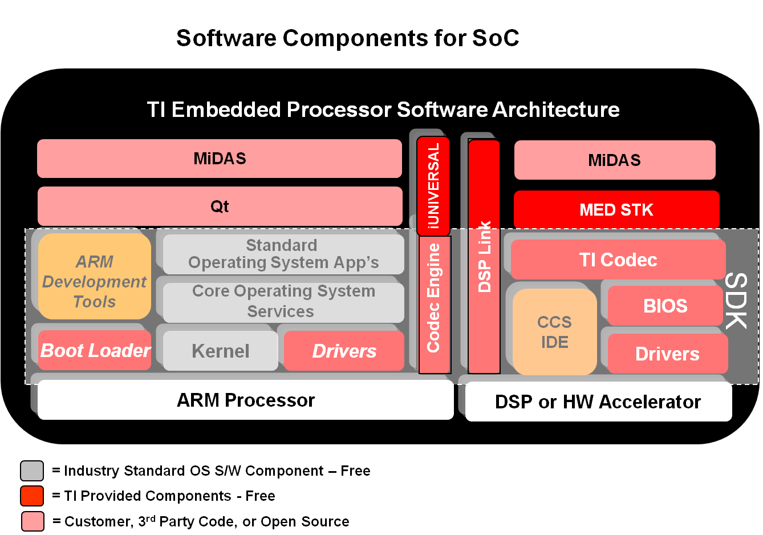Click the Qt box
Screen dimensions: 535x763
point(220,206)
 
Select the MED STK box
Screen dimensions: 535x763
point(616,210)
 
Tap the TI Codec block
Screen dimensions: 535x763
point(618,260)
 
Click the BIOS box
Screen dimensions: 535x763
point(665,306)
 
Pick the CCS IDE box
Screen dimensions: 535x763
point(554,332)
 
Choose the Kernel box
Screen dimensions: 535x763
point(221,351)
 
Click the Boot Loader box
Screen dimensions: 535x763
point(95,350)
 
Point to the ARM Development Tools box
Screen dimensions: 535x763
point(95,277)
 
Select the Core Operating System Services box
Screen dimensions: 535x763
point(283,301)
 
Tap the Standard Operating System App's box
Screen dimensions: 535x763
point(283,254)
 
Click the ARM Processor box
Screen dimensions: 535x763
point(245,400)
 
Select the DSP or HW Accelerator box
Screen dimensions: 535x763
point(598,402)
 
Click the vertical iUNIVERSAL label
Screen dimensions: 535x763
point(433,186)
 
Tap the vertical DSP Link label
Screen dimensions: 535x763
point(484,257)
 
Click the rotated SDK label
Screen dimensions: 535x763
point(736,301)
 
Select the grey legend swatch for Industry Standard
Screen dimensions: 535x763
point(32,471)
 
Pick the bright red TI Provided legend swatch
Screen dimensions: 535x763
point(32,496)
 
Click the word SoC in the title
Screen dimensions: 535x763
point(496,38)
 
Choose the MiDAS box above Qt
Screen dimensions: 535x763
point(220,159)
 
